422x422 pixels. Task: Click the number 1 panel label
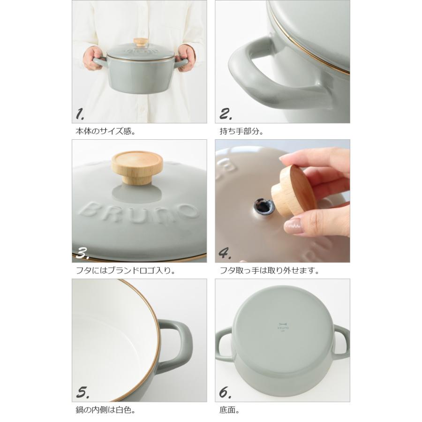(80, 114)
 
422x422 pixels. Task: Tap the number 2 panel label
(226, 114)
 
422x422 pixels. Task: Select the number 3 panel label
(82, 253)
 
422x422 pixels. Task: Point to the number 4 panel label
(225, 254)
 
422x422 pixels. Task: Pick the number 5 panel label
(83, 393)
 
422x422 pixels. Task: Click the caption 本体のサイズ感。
(105, 131)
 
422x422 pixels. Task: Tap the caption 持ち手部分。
(241, 131)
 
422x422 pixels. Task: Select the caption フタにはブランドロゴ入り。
(125, 271)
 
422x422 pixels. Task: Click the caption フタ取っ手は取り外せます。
(270, 271)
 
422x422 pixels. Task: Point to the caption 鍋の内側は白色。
(105, 410)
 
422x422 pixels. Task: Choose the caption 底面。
(229, 410)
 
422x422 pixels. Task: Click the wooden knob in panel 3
(137, 168)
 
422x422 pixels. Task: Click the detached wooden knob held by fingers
(294, 191)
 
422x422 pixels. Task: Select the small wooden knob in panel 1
(141, 42)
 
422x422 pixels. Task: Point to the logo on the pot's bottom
(283, 327)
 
